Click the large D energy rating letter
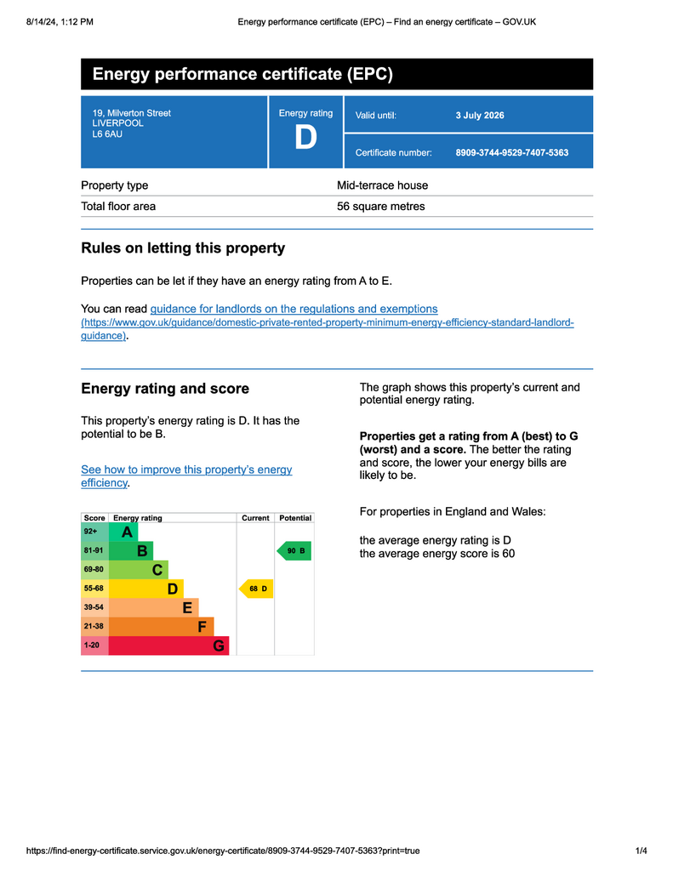point(305,138)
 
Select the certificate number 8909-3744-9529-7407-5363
point(511,153)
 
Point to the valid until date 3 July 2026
point(480,116)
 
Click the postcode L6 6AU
point(107,134)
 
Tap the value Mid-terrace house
point(382,185)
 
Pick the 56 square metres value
point(380,207)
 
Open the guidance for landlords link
point(294,309)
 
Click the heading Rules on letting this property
point(182,248)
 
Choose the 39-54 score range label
point(94,607)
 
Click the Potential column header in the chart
point(295,518)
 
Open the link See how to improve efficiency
point(185,475)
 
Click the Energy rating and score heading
point(165,389)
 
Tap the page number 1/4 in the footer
point(641,851)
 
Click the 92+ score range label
point(91,532)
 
